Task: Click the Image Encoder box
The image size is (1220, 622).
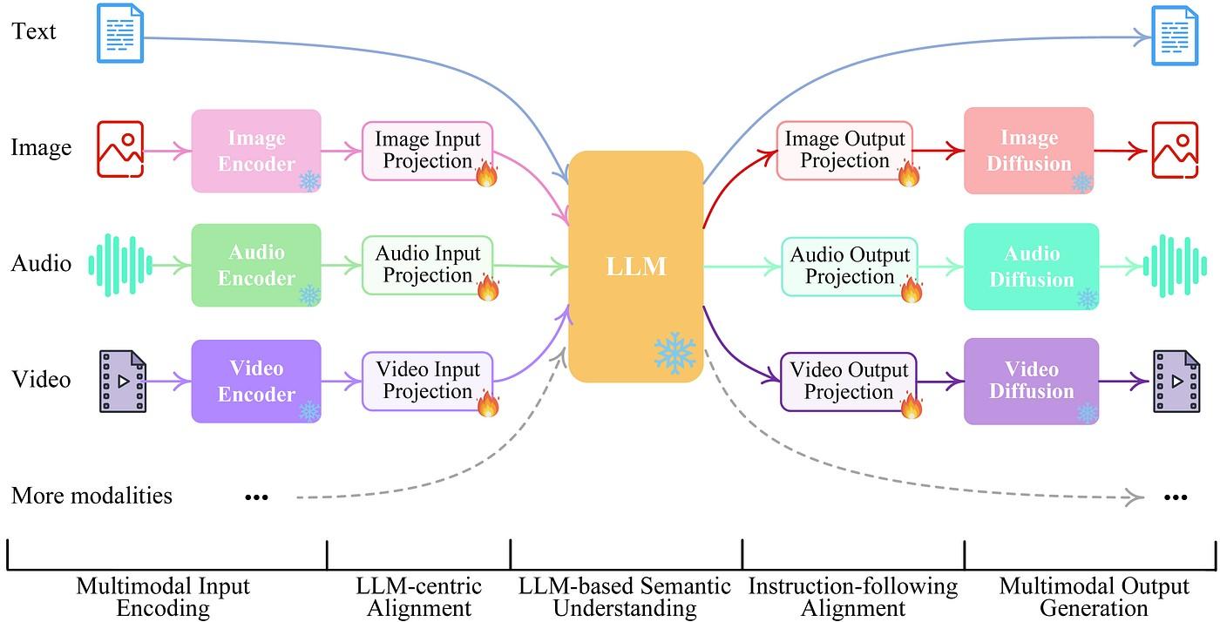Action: coord(255,150)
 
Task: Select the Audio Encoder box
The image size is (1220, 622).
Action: coord(255,265)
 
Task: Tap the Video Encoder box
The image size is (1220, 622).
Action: coord(255,381)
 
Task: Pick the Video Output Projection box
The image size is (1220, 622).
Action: coord(848,381)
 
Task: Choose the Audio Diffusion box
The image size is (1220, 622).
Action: coord(1031,266)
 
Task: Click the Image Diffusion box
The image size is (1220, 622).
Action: coord(1028,150)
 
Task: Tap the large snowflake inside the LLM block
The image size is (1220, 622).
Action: coord(674,353)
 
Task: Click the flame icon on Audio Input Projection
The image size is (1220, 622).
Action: coord(487,289)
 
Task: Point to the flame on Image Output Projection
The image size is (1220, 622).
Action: coord(909,174)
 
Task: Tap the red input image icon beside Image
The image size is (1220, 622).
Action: coord(120,150)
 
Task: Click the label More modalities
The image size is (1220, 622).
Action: coord(91,496)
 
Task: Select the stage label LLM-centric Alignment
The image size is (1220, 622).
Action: coord(418,597)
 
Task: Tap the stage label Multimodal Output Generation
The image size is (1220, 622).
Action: coord(1094,597)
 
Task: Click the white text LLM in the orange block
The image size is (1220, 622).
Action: coord(636,266)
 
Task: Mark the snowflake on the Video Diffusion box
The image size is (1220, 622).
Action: coord(1086,412)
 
